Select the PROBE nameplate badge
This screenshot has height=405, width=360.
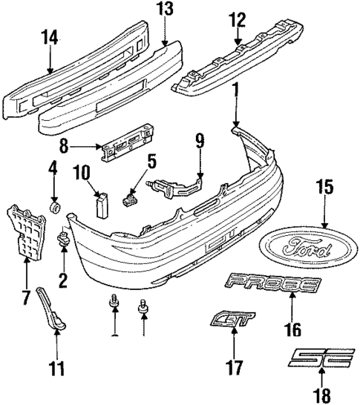coord(275,283)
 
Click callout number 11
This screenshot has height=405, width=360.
coord(56,366)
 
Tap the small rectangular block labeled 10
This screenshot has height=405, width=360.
coord(102,205)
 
